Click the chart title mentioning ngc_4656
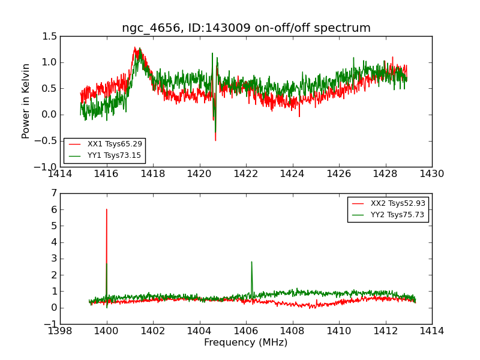pos(246,28)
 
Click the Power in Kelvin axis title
pos(26,101)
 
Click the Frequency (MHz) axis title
pos(246,343)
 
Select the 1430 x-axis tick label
pos(431,174)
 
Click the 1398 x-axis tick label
pos(60,331)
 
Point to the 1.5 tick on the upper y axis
pos(50,37)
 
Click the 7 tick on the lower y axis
pos(54,193)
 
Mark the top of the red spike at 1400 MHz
pos(107,209)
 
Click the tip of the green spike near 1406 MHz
pos(251,262)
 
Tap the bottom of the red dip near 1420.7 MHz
pos(215,140)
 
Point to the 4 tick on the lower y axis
pos(54,242)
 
